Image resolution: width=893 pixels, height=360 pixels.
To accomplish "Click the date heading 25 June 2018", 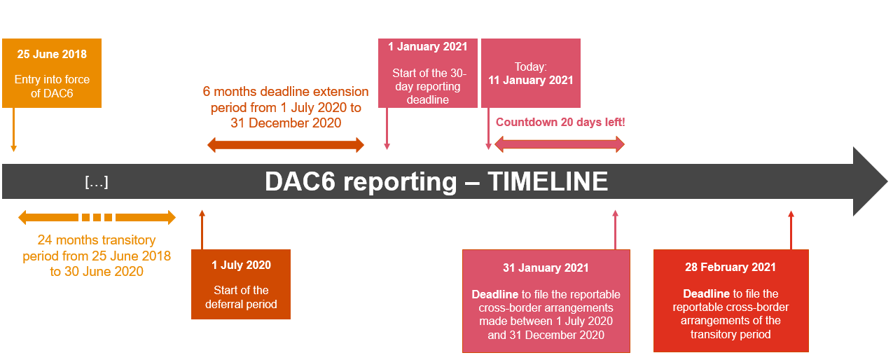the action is pyautogui.click(x=52, y=54).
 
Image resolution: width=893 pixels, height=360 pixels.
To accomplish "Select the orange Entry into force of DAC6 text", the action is pyautogui.click(x=52, y=86).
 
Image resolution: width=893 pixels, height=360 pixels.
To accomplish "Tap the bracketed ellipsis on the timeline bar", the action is pyautogui.click(x=97, y=182).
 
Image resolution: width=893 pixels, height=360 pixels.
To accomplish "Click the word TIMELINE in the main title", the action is pyautogui.click(x=548, y=182).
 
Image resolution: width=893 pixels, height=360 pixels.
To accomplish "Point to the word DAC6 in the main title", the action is pyautogui.click(x=300, y=182).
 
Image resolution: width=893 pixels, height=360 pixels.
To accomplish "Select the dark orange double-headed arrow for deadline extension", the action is pyautogui.click(x=286, y=145).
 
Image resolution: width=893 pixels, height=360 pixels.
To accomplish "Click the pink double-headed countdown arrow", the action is pyautogui.click(x=560, y=144).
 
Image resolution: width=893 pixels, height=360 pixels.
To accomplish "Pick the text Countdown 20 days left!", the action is pyautogui.click(x=560, y=122).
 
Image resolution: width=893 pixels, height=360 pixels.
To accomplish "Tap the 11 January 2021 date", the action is pyautogui.click(x=531, y=80).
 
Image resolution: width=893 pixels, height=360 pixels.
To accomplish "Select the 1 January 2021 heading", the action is pyautogui.click(x=428, y=47).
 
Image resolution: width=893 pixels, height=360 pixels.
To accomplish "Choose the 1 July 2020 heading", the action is pyautogui.click(x=241, y=265).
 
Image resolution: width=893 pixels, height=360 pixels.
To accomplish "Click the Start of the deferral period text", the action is pyautogui.click(x=241, y=297).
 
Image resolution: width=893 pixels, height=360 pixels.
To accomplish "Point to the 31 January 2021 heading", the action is pyautogui.click(x=546, y=268).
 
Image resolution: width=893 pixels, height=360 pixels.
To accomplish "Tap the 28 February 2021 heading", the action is pyautogui.click(x=731, y=267).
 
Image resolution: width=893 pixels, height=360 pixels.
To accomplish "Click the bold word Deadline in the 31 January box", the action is pyautogui.click(x=494, y=294).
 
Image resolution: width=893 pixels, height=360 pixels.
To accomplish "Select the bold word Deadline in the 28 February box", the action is pyautogui.click(x=706, y=294).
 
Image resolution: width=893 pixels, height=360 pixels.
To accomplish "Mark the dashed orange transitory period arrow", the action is pyautogui.click(x=97, y=217).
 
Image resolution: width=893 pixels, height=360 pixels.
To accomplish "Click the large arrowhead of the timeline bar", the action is pyautogui.click(x=870, y=181).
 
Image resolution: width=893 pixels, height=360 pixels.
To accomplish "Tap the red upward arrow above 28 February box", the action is pyautogui.click(x=791, y=230).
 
